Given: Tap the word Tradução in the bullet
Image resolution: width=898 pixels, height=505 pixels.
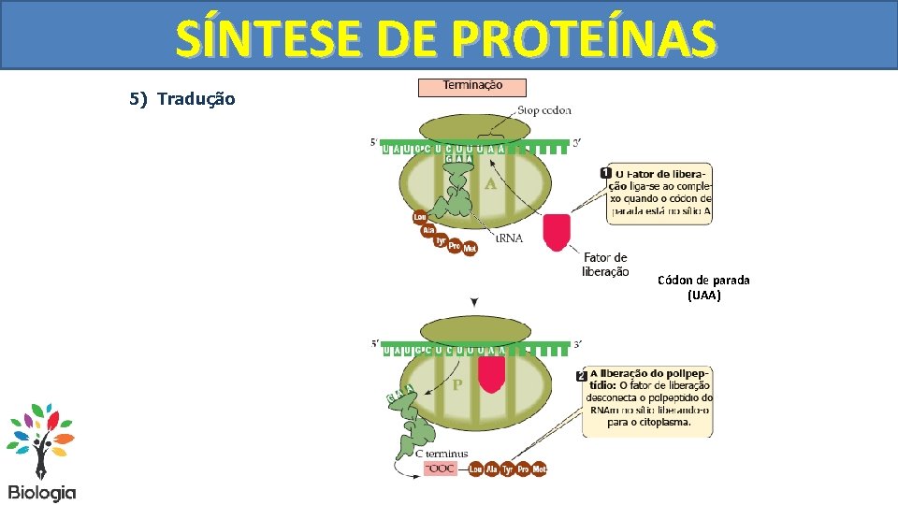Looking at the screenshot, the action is coord(196,98).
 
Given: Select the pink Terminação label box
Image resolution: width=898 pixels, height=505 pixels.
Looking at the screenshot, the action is coord(472,86).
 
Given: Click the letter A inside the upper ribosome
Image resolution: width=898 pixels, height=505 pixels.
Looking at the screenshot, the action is coord(490,184).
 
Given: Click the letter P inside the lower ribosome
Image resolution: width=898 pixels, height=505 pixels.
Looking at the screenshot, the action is coord(457,384).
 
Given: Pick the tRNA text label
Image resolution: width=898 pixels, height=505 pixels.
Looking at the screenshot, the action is coord(510,238).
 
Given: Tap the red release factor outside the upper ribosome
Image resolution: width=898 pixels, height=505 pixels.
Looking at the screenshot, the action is coord(557,232).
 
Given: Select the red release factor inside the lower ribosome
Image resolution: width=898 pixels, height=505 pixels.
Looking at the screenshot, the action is coord(491,373).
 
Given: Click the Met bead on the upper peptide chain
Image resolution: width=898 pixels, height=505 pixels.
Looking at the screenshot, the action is coord(470,250).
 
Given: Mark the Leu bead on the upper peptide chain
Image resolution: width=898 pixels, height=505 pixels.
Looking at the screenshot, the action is coord(420,218).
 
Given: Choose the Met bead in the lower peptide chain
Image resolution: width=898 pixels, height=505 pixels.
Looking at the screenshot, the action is coord(539,469).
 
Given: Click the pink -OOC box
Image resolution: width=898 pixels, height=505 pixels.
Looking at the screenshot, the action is coord(442,469).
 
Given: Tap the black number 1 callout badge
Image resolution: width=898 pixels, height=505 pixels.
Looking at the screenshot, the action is coord(606,173).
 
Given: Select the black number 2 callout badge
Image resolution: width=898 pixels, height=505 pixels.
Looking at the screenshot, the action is coord(582,375).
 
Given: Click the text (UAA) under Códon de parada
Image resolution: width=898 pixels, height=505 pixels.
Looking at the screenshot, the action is coord(703,296).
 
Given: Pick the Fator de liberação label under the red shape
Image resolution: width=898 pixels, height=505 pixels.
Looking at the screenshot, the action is coord(605,265).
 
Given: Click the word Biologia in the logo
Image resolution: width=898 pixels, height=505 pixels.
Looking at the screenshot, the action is coord(42,492).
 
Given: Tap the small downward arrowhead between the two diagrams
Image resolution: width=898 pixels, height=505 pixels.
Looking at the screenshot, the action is coord(475,302).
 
